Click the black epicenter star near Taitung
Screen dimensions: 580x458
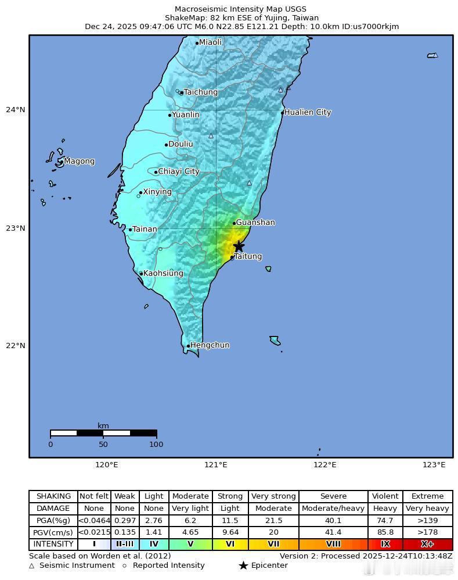click(238, 246)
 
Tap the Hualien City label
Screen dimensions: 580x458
click(308, 112)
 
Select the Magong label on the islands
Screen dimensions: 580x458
click(79, 161)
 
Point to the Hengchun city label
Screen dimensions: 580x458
click(210, 345)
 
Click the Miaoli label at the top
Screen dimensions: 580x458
click(210, 42)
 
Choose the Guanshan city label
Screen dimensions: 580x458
click(255, 223)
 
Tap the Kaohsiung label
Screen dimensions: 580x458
click(163, 273)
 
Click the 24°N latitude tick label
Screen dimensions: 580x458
click(16, 110)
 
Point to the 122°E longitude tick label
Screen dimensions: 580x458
click(325, 464)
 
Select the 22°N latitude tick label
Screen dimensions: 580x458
click(16, 346)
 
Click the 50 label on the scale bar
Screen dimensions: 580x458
click(103, 445)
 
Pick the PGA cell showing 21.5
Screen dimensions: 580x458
click(273, 520)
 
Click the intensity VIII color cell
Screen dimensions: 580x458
click(333, 545)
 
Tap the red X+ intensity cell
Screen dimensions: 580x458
click(427, 545)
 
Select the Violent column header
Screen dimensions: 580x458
click(385, 496)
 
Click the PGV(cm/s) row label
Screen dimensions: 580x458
click(53, 532)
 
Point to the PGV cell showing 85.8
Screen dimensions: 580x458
click(385, 532)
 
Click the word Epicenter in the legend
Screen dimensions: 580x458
click(269, 565)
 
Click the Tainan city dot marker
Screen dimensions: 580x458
click(130, 230)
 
